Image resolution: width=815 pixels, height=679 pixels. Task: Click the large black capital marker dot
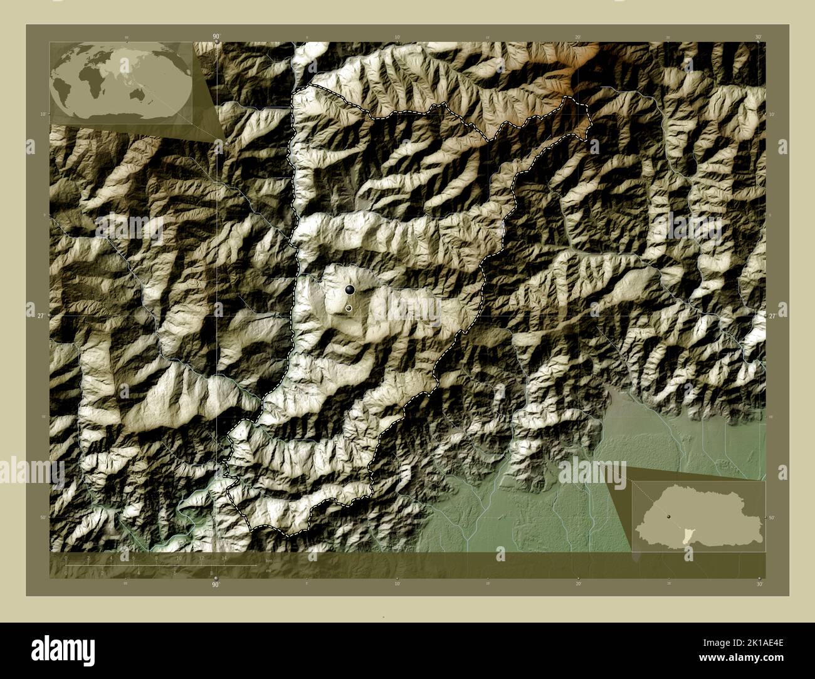(349, 289)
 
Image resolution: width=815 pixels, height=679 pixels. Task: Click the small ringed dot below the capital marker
(349, 308)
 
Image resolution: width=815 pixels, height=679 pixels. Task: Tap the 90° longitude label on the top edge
(216, 37)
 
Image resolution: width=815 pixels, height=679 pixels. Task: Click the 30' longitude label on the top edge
(758, 38)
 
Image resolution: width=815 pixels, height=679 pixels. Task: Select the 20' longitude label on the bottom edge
(578, 584)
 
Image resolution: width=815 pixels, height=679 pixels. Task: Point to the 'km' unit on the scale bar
(269, 561)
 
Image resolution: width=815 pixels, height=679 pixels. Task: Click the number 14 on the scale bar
(224, 557)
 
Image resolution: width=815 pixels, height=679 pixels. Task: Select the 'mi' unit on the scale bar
(269, 571)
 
